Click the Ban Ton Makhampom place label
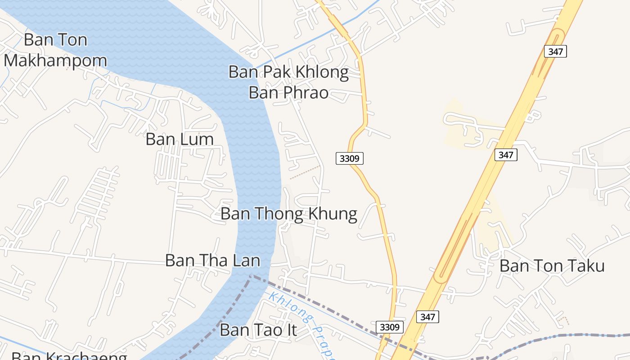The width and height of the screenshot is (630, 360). (x=55, y=50)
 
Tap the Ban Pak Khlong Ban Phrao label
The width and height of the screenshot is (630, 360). (x=288, y=82)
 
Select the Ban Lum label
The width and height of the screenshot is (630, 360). (x=180, y=139)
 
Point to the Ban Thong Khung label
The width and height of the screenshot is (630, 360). (x=288, y=214)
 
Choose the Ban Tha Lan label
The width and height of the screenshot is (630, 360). (x=212, y=260)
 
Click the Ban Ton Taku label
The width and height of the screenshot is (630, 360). (x=552, y=266)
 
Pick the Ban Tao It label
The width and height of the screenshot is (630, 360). (x=258, y=330)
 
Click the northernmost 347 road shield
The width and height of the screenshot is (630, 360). (x=555, y=51)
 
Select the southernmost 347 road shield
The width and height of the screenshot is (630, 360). (x=427, y=317)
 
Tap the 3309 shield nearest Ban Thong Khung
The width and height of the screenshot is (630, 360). (x=349, y=158)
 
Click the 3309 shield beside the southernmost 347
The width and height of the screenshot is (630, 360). (x=390, y=327)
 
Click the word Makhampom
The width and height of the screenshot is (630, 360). (x=55, y=60)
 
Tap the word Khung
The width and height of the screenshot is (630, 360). (x=333, y=214)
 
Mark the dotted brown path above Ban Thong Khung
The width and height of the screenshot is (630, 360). (x=305, y=172)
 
